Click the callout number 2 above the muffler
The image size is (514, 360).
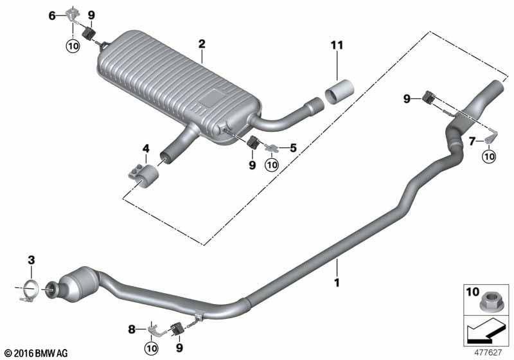(x=202, y=44)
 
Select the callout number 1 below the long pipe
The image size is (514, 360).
(x=336, y=282)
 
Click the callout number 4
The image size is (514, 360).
(x=146, y=148)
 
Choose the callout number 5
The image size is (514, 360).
(x=292, y=148)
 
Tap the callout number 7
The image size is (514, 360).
(x=472, y=140)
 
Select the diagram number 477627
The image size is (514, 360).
(x=488, y=352)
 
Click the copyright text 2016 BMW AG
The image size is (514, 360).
(x=35, y=353)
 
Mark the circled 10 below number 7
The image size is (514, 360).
(x=490, y=155)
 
